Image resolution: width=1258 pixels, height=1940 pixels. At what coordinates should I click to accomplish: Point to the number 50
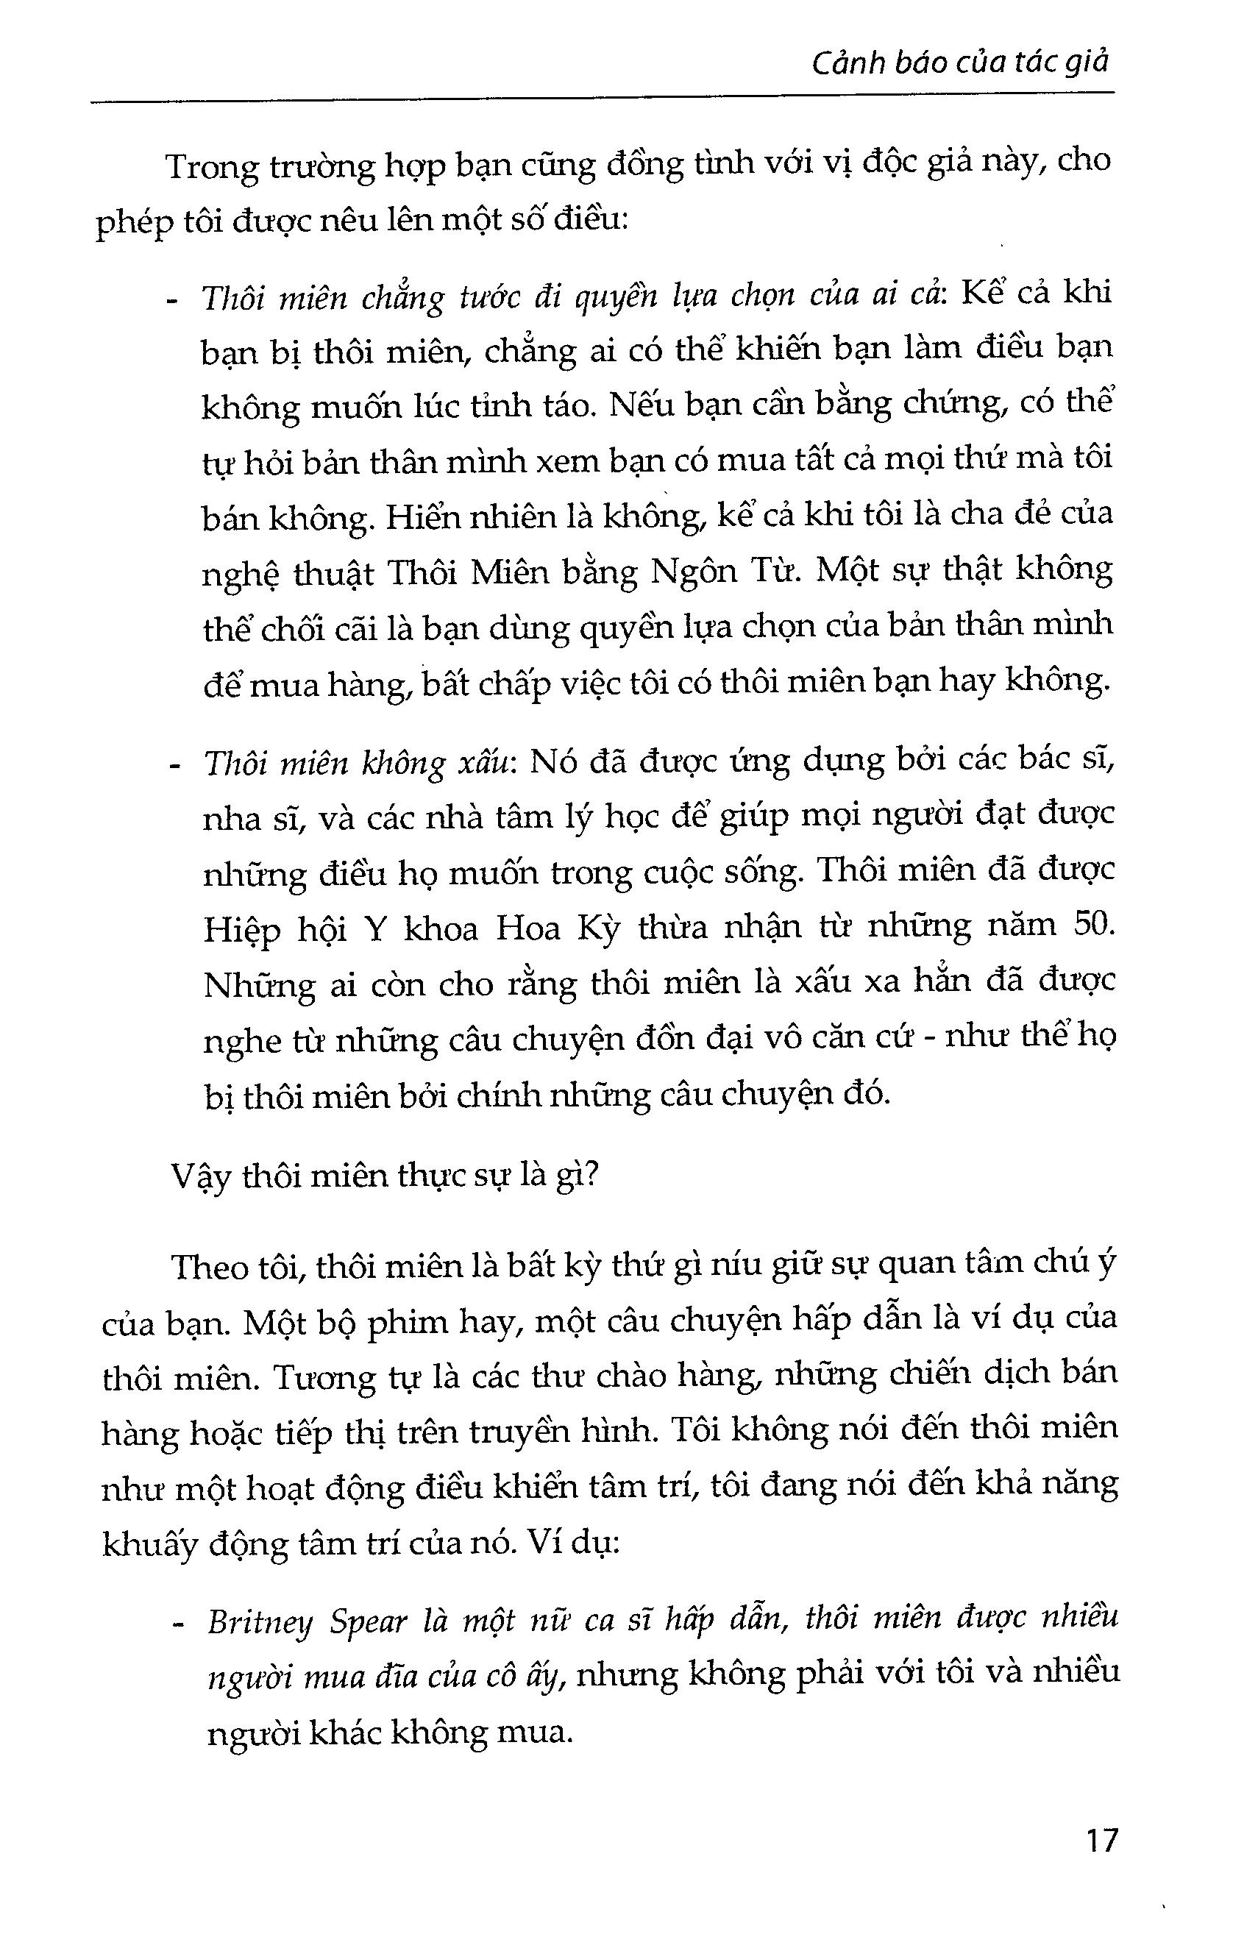[1093, 926]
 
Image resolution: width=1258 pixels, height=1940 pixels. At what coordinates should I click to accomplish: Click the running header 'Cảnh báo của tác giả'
[959, 63]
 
